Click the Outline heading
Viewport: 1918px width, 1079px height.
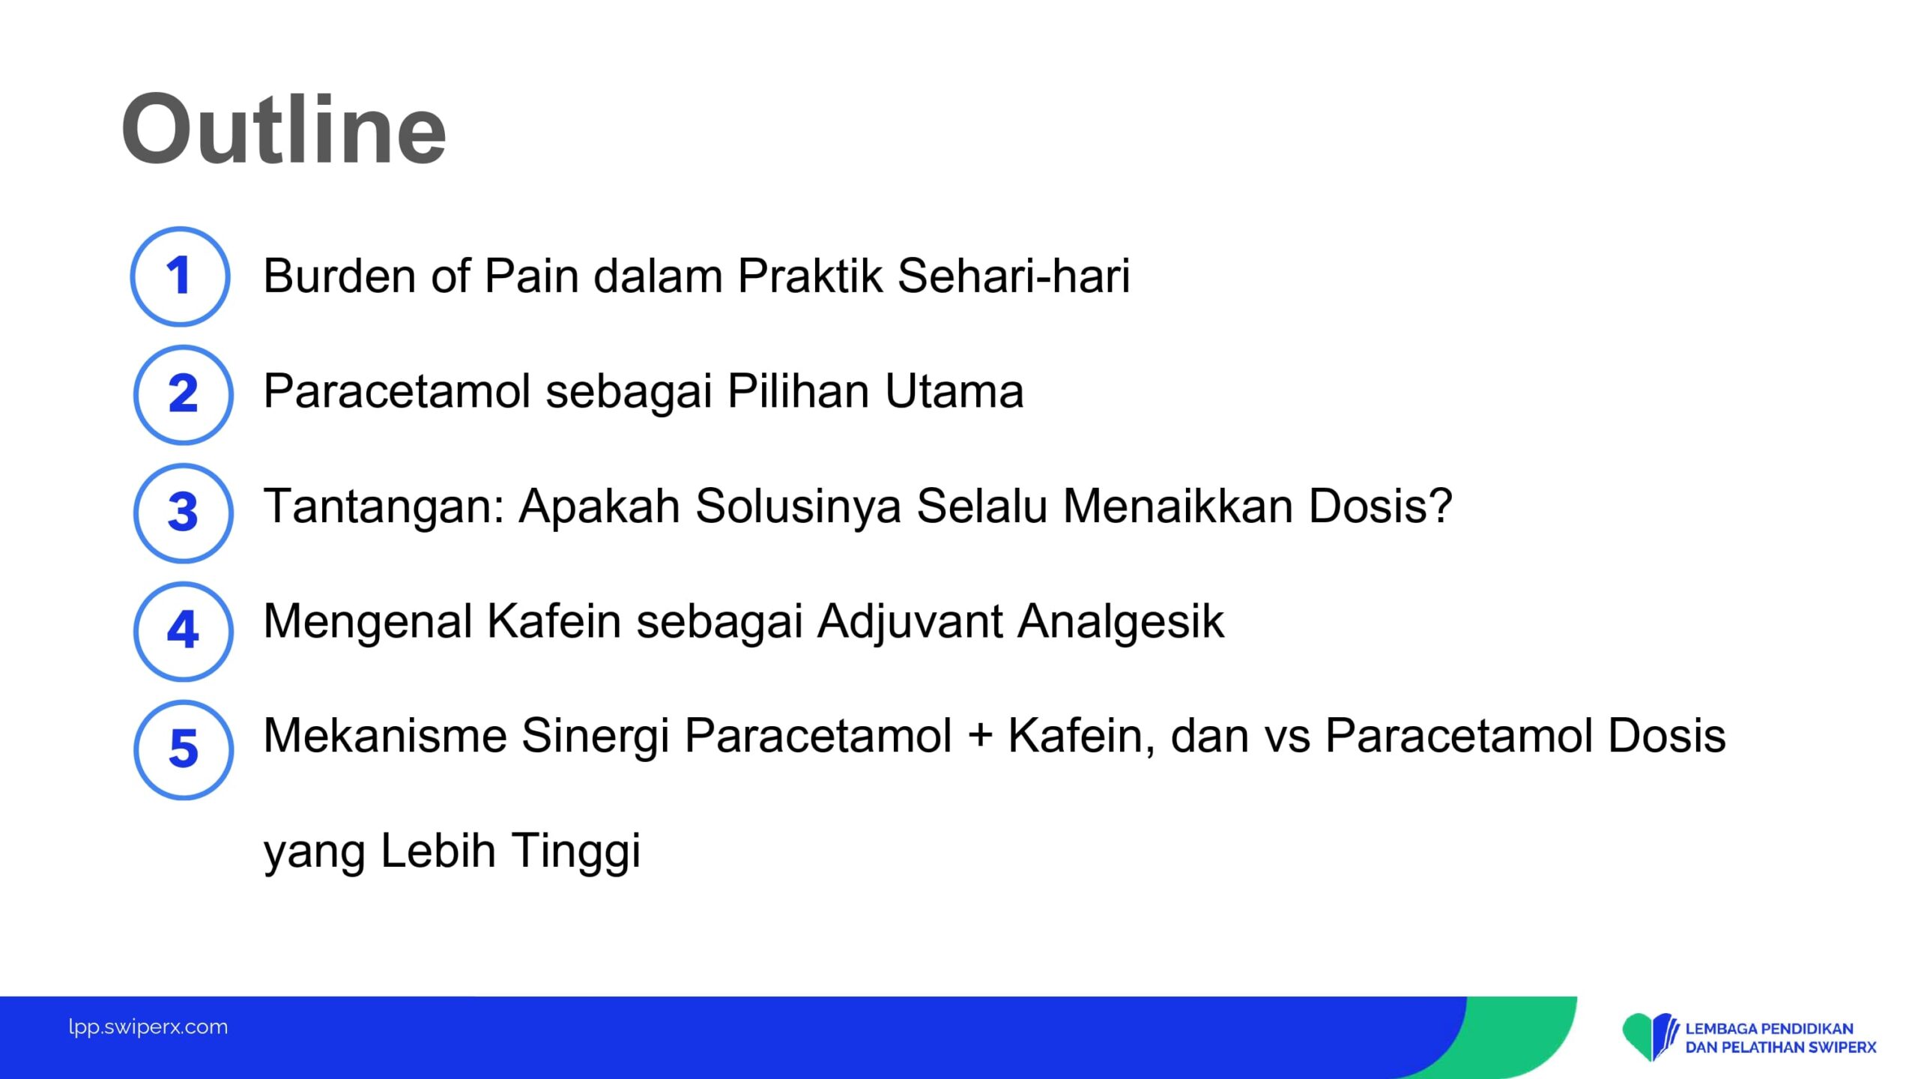(284, 129)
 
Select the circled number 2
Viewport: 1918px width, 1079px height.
(184, 394)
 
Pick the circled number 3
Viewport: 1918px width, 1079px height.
(184, 513)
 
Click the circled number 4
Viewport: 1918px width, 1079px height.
(184, 631)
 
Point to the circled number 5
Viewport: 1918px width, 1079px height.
(184, 749)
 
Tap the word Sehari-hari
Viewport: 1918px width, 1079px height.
(1014, 276)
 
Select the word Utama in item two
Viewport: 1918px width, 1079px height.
(954, 391)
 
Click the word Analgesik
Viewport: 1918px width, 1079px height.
(1121, 621)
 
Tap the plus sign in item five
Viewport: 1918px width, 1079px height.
(980, 736)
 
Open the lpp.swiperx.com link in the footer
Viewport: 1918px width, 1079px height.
(148, 1027)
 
